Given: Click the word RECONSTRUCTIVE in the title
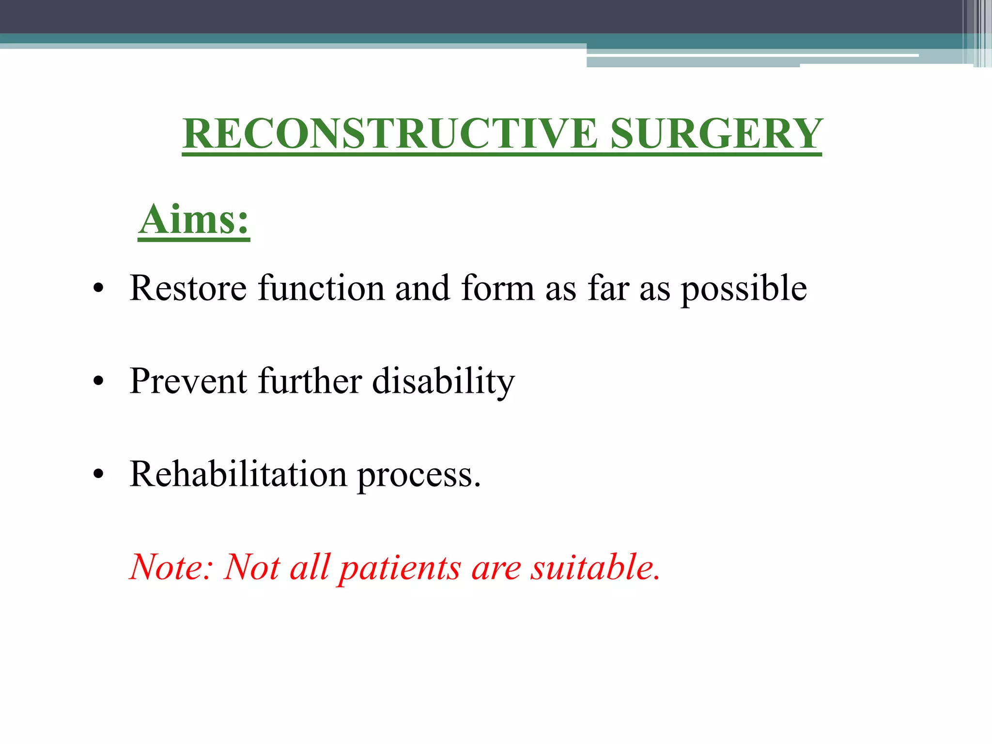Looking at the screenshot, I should tap(390, 134).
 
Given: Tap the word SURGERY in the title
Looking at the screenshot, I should tap(716, 134).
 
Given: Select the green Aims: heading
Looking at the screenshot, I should tap(194, 219).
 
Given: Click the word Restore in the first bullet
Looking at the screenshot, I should tap(188, 288).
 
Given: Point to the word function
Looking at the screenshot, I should tap(321, 288).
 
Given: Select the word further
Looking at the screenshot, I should tap(310, 381).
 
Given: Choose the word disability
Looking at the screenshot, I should tap(443, 382).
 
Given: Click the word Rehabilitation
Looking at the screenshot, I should tap(238, 474).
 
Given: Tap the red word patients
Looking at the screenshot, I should tap(400, 568).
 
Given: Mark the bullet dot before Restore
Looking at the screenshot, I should tap(99, 289).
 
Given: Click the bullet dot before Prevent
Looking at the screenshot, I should tap(99, 382).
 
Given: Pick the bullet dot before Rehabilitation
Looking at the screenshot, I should tap(99, 475).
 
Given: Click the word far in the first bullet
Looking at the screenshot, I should tap(608, 288).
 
